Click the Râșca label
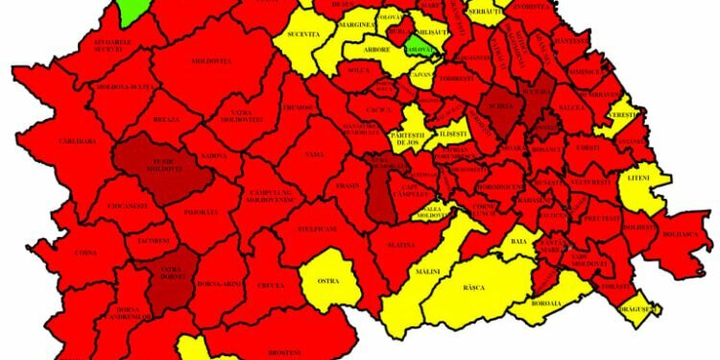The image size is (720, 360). pos(473,287)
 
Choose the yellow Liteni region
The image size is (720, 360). pos(637,182)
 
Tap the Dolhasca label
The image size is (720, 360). pos(683,234)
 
